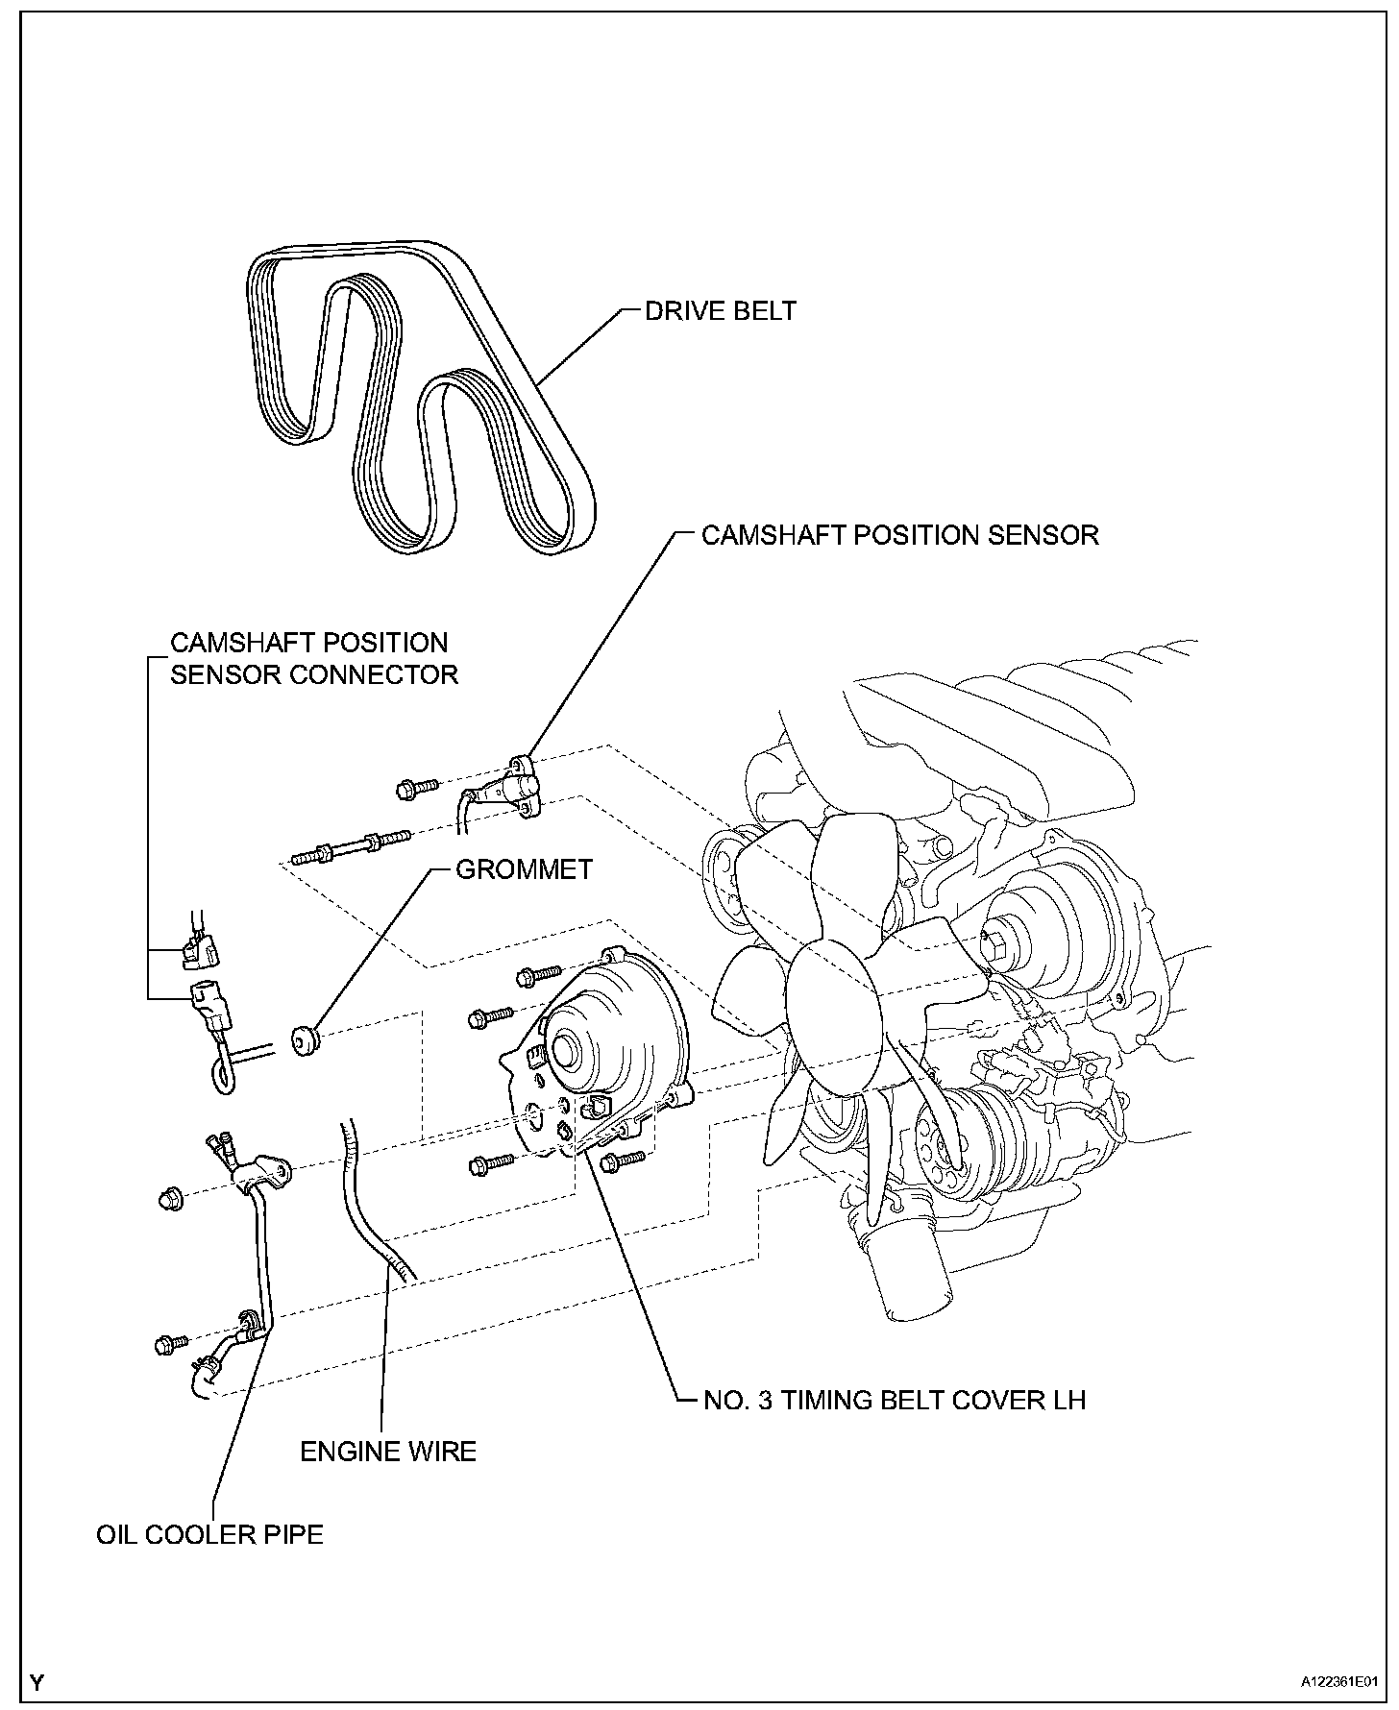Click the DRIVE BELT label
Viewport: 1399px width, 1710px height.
720,311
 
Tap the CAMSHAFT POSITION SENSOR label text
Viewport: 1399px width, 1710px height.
899,535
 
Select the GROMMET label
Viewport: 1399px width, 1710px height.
524,869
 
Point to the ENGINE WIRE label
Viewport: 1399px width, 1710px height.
388,1451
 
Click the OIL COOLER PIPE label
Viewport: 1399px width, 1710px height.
209,1534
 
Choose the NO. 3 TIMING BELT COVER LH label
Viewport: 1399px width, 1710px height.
894,1400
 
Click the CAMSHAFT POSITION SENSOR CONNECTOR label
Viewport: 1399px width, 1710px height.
313,658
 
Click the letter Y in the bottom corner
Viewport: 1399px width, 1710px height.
37,1681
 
